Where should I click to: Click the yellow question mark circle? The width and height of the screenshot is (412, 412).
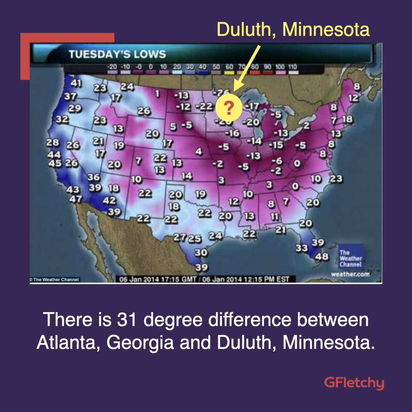click(229, 109)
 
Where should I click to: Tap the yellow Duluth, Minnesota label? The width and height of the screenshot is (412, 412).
click(293, 29)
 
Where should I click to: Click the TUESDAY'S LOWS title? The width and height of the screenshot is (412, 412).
click(117, 54)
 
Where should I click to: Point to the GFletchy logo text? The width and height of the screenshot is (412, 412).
click(354, 383)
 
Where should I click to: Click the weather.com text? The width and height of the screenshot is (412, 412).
click(350, 274)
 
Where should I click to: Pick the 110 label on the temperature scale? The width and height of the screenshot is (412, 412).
click(292, 67)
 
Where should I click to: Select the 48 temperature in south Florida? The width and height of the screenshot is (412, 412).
click(322, 256)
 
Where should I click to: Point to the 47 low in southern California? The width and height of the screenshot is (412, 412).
click(75, 199)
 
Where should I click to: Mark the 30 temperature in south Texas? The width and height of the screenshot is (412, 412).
click(201, 253)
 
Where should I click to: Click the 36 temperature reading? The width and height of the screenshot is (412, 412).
click(93, 177)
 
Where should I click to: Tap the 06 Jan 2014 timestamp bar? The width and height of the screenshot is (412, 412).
click(204, 279)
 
